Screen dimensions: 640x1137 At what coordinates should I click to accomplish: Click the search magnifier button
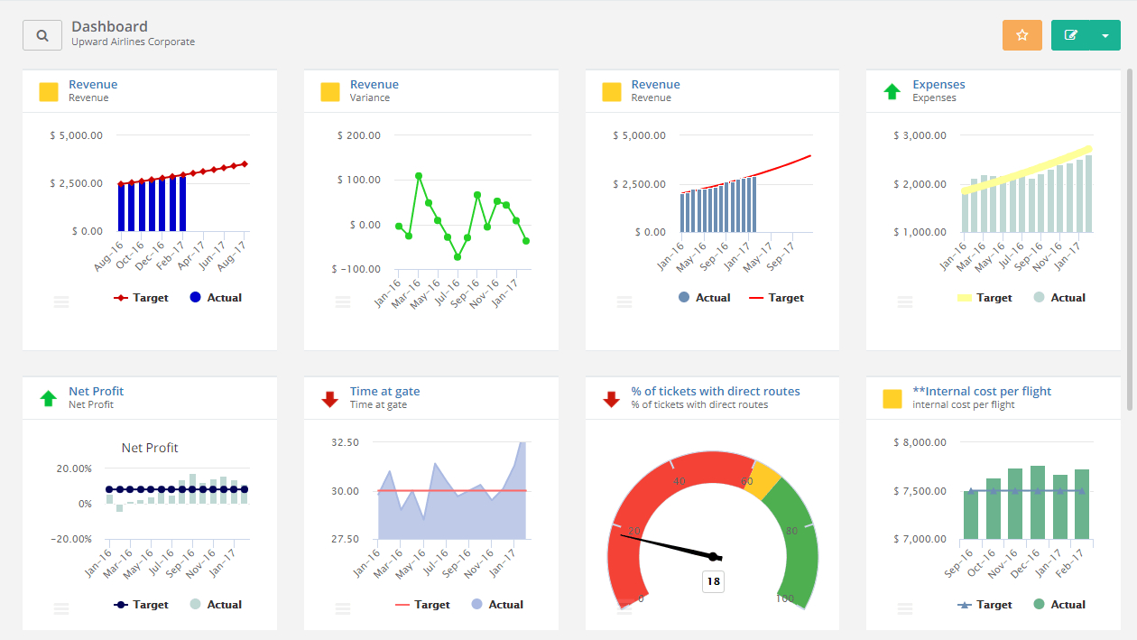click(42, 35)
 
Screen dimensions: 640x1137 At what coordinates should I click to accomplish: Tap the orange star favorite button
click(1021, 35)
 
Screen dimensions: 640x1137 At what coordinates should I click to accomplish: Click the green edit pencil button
click(1071, 35)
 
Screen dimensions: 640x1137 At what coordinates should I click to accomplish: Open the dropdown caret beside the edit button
click(1105, 35)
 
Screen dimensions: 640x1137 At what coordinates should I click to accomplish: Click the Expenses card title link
click(938, 84)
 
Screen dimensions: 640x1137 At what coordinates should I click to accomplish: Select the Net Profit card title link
click(96, 391)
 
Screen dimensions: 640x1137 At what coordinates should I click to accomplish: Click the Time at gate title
click(384, 391)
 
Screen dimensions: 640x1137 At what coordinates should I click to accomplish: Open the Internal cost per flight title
click(981, 391)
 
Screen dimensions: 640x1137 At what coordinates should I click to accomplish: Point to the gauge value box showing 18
click(713, 581)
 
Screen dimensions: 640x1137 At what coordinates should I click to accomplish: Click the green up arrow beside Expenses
click(892, 91)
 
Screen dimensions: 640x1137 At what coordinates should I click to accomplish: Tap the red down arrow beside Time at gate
click(330, 398)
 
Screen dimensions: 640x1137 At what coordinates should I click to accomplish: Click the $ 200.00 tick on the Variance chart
click(358, 135)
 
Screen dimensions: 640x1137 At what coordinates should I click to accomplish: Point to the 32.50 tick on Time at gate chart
click(346, 442)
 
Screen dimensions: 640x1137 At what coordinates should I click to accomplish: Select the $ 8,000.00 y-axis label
click(920, 442)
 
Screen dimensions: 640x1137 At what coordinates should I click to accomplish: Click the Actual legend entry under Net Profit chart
click(216, 605)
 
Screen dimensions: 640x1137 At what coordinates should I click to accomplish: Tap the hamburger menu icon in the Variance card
click(343, 302)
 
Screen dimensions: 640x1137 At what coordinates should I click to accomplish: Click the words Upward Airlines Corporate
click(133, 42)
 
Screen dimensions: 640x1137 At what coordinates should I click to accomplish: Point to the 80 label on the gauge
click(791, 531)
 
